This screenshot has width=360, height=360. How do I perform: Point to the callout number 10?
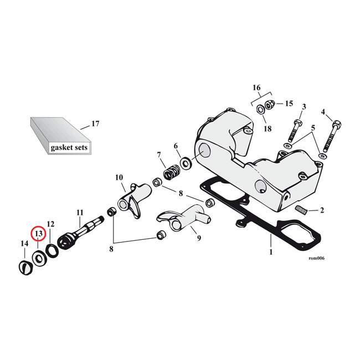pos(119,177)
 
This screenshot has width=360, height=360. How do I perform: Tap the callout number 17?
pos(95,124)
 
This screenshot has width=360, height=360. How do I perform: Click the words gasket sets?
pos(69,148)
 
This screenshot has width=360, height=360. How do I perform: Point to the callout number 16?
pos(256,88)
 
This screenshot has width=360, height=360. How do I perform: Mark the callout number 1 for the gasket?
pos(270,252)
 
